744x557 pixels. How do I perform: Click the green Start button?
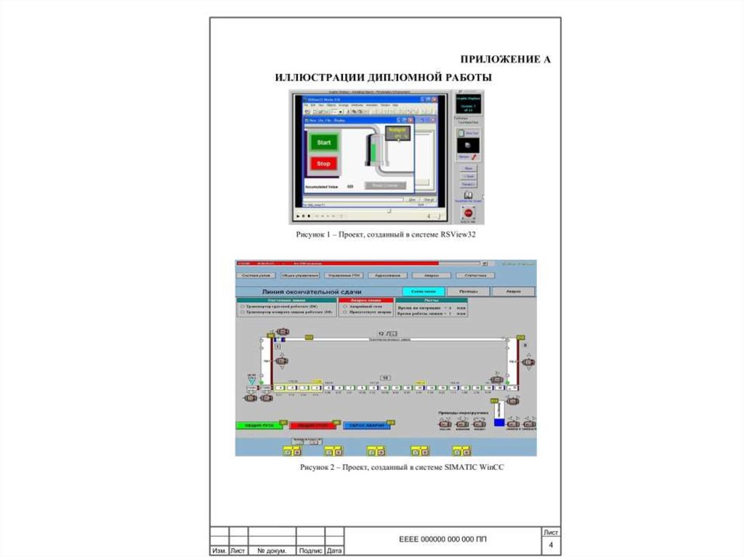pyautogui.click(x=323, y=142)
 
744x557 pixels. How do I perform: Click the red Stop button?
pyautogui.click(x=323, y=163)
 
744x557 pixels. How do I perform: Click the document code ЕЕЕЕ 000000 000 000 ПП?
pyautogui.click(x=443, y=540)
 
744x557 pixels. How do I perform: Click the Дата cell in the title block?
pyautogui.click(x=335, y=551)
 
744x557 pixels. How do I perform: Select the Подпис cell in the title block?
pyautogui.click(x=311, y=551)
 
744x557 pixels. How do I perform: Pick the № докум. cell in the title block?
pyautogui.click(x=272, y=551)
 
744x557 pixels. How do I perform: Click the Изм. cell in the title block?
pyautogui.click(x=219, y=551)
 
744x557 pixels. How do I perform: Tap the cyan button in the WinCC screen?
pyautogui.click(x=423, y=290)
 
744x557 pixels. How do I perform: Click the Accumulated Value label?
pyautogui.click(x=322, y=187)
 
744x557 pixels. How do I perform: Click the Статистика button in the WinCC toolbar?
pyautogui.click(x=475, y=275)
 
